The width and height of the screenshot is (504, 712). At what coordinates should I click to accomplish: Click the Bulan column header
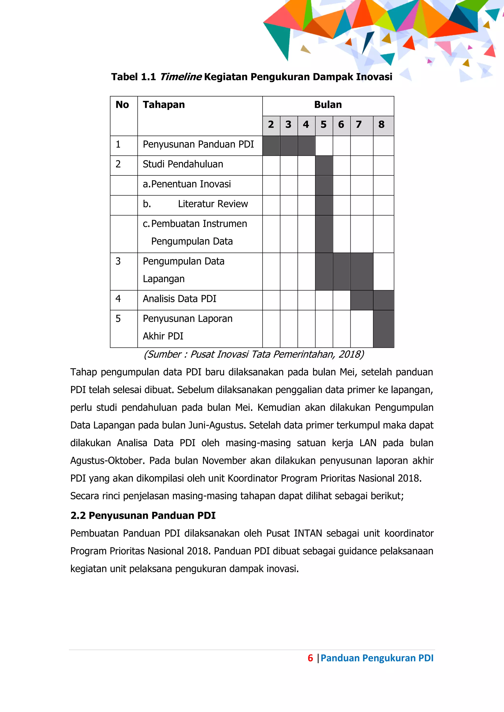328,105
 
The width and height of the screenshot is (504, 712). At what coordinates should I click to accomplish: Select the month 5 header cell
324,125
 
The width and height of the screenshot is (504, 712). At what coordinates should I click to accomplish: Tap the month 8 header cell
381,125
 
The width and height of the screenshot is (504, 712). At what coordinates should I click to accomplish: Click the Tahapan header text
164,105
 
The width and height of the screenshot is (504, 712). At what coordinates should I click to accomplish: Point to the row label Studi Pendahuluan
183,164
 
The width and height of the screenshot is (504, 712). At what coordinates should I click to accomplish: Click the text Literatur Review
213,204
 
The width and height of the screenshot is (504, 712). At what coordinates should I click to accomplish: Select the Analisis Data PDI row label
179,299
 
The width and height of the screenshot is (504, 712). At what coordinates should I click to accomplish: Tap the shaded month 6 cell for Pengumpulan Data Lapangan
341,271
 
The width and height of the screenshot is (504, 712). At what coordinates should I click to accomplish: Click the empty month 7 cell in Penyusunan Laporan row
362,329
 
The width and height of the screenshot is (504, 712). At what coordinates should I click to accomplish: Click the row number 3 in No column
118,261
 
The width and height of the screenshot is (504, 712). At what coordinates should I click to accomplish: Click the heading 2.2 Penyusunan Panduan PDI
143,516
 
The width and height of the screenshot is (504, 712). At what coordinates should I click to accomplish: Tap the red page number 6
310,658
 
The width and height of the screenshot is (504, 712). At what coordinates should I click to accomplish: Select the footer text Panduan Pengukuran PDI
377,658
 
